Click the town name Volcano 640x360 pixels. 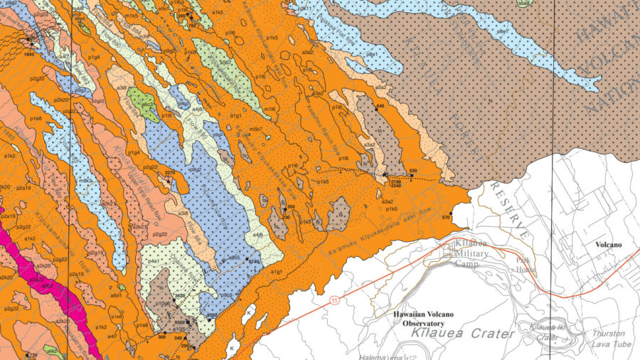point(608,245)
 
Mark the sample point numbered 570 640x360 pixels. point(450,207)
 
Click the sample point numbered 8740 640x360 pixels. point(250,262)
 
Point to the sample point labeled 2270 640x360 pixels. point(169,173)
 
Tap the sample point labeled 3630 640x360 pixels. point(180,294)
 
